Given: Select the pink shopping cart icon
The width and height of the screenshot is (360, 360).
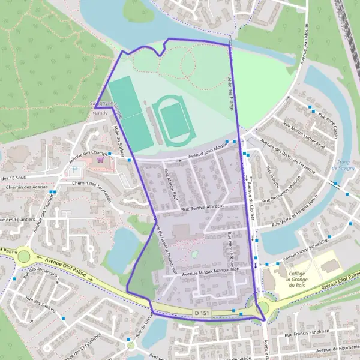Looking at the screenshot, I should click(x=101, y=160).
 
